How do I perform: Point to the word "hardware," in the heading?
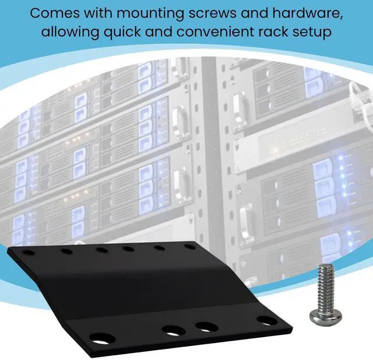[306, 13]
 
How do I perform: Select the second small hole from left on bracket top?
[66, 252]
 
